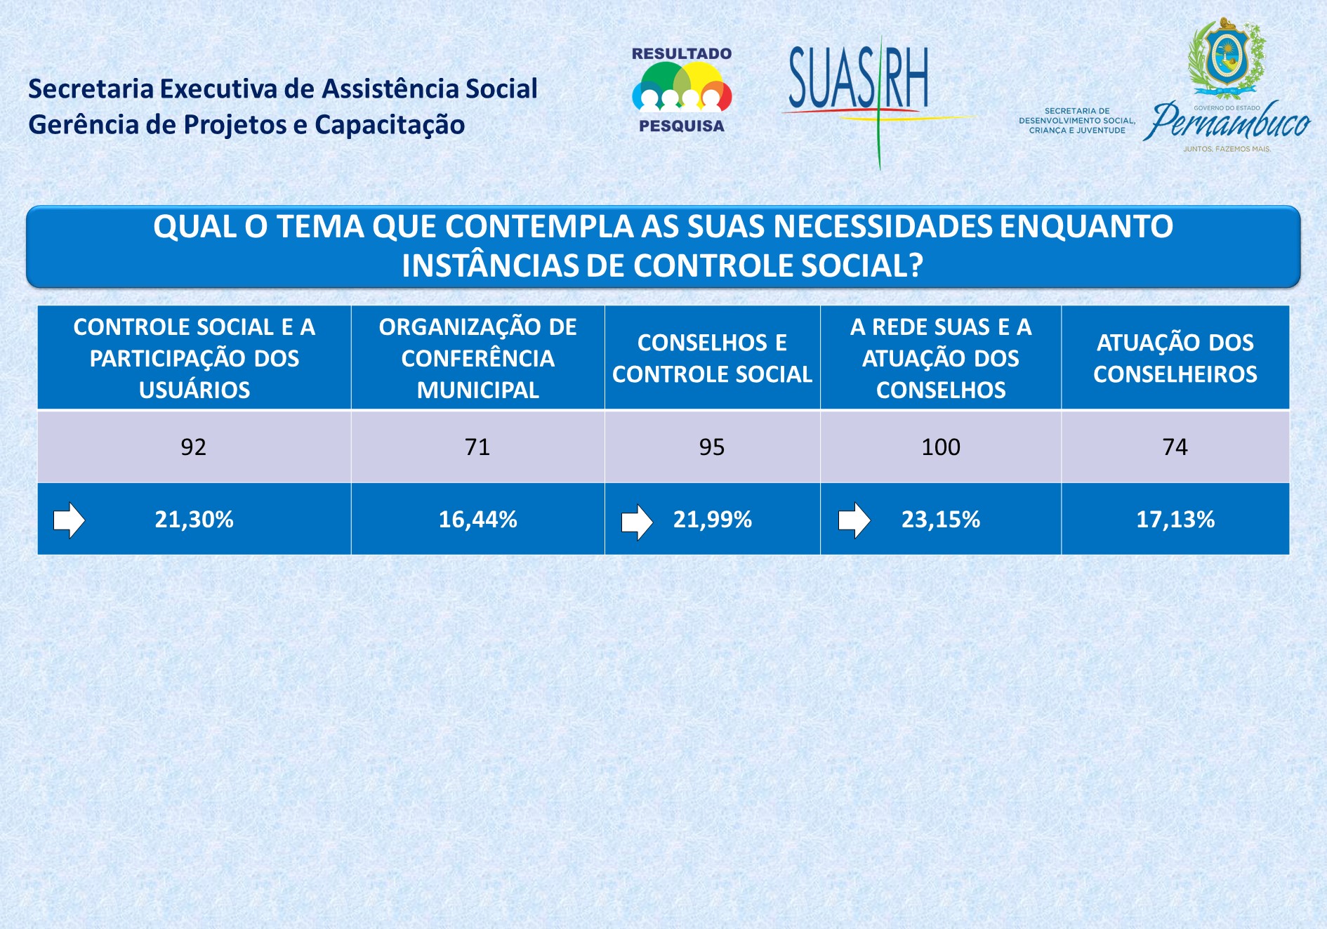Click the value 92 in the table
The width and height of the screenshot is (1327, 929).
(x=194, y=447)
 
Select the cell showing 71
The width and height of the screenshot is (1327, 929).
(x=477, y=447)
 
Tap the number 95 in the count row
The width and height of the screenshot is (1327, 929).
(x=712, y=447)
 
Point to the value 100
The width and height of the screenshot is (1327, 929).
(x=941, y=447)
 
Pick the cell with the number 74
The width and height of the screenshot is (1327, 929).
(x=1175, y=447)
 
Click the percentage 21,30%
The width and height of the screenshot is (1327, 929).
(x=194, y=520)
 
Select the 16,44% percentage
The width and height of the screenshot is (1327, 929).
(x=478, y=520)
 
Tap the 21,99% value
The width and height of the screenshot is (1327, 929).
(x=713, y=520)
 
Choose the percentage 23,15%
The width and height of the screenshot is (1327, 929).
(x=941, y=520)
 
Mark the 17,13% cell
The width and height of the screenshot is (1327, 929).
(x=1175, y=520)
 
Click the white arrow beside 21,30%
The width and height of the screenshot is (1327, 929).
(x=69, y=520)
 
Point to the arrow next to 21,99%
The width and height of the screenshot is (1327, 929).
(x=637, y=522)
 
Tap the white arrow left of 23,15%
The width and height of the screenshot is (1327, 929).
(x=854, y=520)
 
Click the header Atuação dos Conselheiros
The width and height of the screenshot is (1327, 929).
(x=1175, y=358)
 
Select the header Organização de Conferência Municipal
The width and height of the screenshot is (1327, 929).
(x=478, y=358)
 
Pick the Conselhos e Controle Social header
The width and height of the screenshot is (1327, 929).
(x=713, y=358)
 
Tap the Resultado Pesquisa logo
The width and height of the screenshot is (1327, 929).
(x=682, y=90)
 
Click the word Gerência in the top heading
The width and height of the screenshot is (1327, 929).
(x=84, y=126)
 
